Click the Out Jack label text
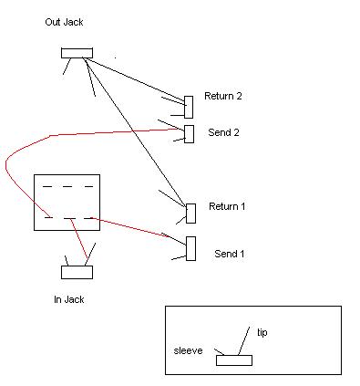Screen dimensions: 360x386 tap(64, 22)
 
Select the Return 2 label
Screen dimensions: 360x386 tap(223, 96)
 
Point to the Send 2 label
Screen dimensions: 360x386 tap(223, 132)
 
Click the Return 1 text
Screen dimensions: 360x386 tap(227, 206)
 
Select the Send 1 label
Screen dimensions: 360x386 tap(230, 254)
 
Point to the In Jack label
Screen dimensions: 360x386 tap(69, 299)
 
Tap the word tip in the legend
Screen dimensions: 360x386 tap(262, 332)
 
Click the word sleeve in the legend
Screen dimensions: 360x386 tap(188, 350)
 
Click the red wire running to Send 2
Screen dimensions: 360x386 tap(50, 135)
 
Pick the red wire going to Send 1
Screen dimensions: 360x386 tap(130, 227)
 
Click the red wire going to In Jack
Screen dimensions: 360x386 tap(79, 242)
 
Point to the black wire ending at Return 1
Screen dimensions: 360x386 tap(134, 131)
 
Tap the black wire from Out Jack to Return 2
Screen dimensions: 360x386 tap(134, 79)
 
